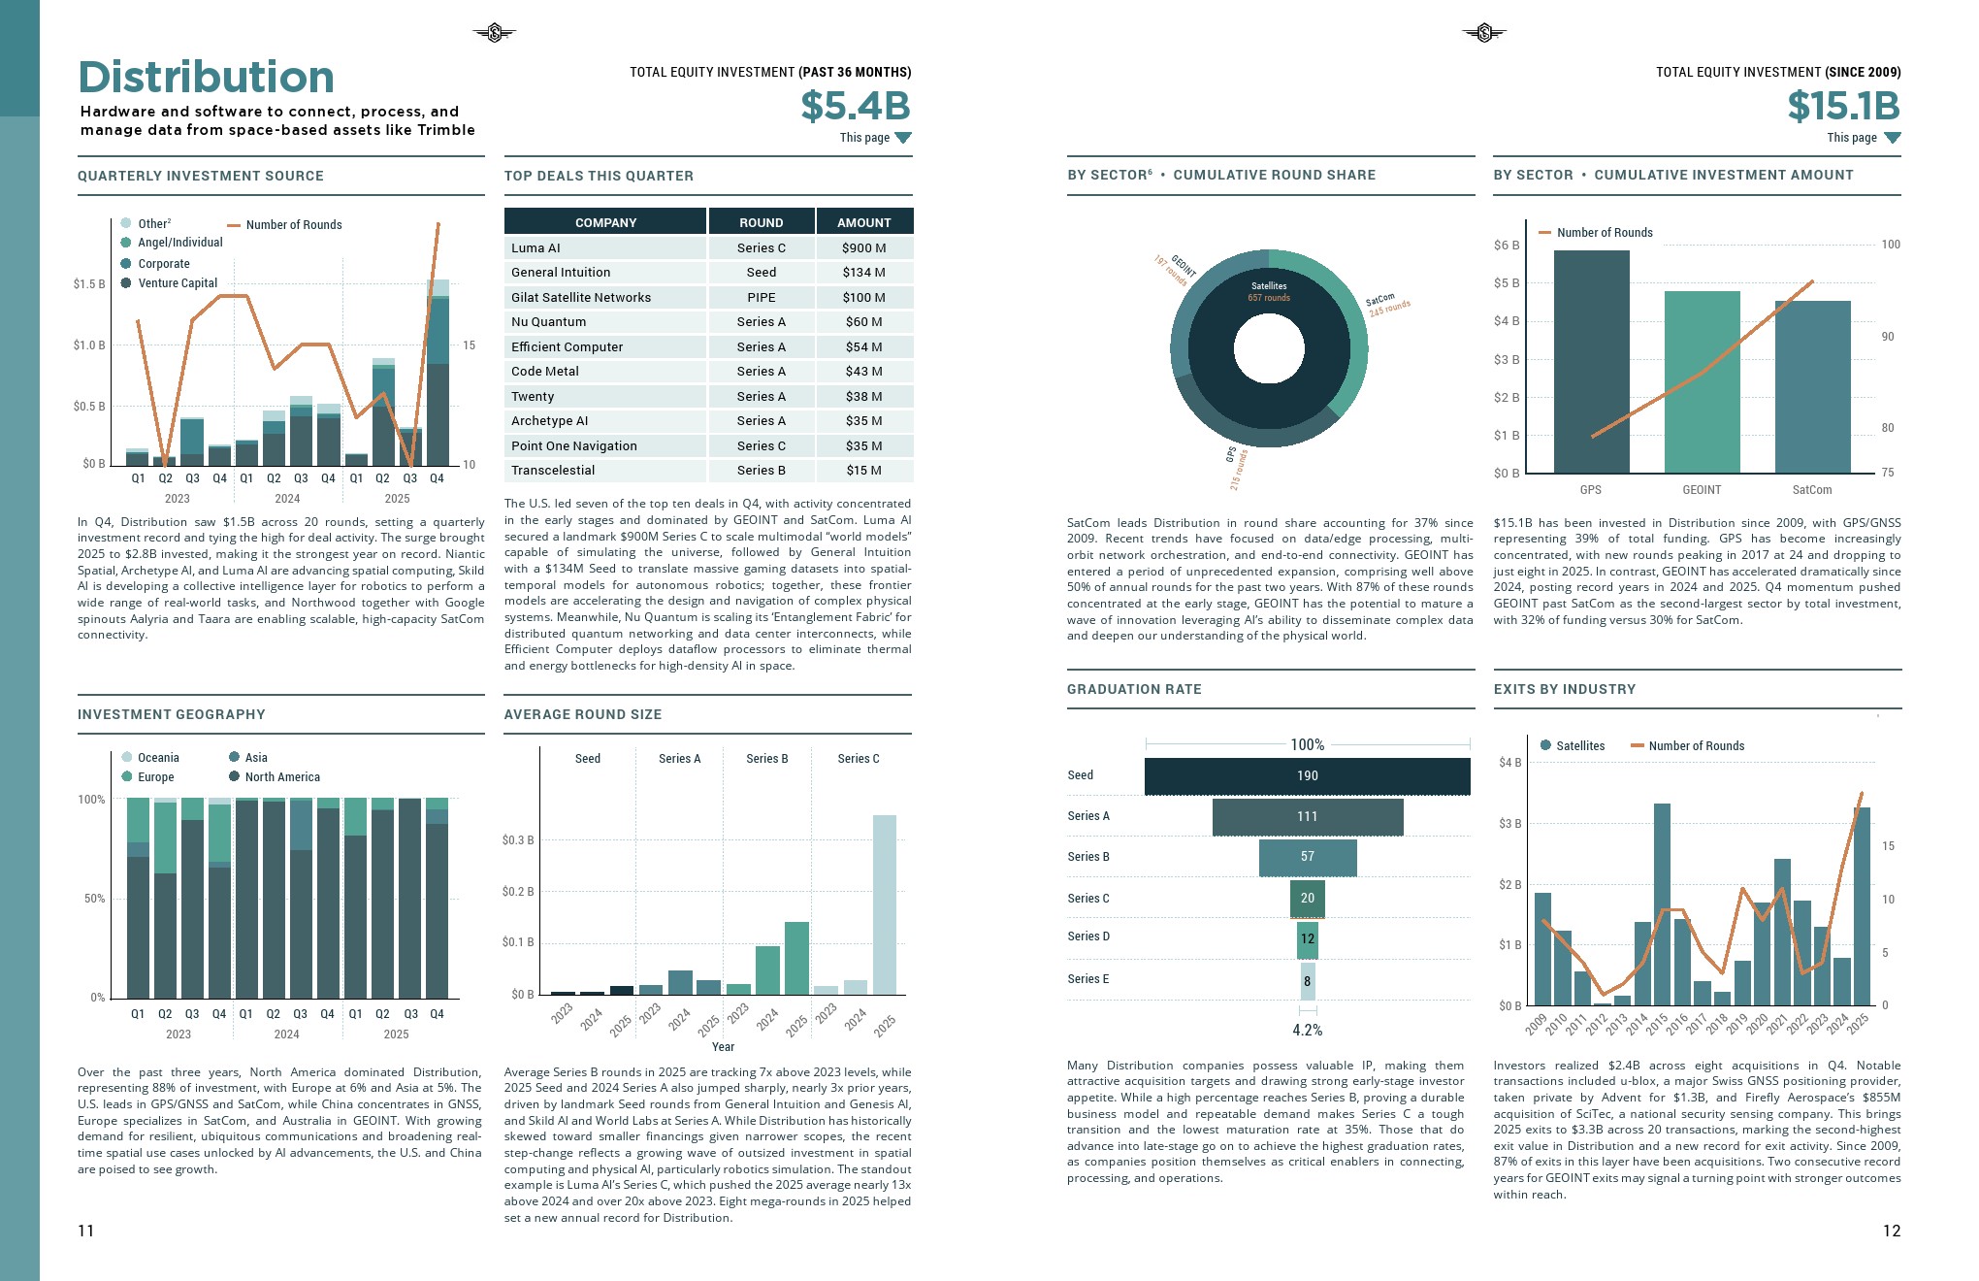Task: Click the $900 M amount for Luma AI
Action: click(863, 248)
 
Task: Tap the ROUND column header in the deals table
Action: click(761, 222)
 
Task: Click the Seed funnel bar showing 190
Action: click(1307, 776)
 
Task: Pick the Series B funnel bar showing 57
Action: click(1307, 857)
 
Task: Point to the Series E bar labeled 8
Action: click(1307, 981)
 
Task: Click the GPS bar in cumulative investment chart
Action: click(1591, 361)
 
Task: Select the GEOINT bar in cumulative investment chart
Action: click(1702, 381)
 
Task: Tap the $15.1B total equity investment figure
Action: click(1843, 106)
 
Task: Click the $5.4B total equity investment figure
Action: click(855, 106)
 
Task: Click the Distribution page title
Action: click(206, 77)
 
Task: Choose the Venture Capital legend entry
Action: click(178, 283)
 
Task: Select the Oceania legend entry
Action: click(158, 758)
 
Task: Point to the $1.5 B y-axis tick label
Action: click(89, 284)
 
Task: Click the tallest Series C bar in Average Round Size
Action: click(884, 904)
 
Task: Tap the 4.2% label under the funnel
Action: click(1307, 1031)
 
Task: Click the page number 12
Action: click(1891, 1231)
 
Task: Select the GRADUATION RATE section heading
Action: click(1134, 689)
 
